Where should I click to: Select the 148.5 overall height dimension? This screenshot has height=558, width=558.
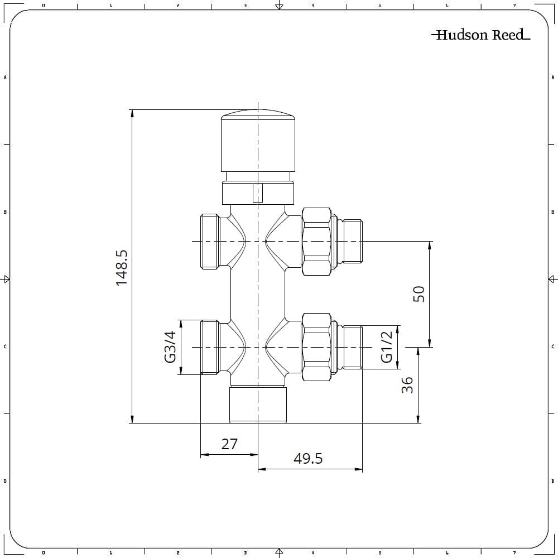[x=122, y=268]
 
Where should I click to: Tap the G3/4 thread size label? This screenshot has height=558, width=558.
[x=170, y=347]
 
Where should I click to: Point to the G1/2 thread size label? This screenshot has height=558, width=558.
[x=387, y=347]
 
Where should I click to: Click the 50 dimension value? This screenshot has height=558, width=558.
[x=419, y=294]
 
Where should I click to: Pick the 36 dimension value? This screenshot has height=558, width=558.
[x=408, y=384]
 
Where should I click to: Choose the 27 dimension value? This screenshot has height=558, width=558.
[x=229, y=444]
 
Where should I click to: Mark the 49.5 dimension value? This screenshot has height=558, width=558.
[x=308, y=459]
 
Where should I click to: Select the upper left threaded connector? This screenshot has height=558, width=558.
[x=209, y=241]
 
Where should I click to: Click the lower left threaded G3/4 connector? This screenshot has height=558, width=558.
[x=209, y=347]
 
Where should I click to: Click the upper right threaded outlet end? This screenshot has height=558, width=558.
[x=352, y=241]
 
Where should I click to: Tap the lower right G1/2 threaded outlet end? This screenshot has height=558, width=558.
[x=352, y=347]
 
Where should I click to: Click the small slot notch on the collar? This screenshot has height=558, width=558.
[x=257, y=193]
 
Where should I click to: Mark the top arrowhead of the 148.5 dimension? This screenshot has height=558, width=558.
[x=132, y=113]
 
